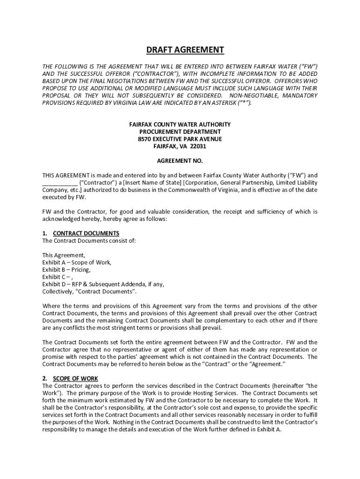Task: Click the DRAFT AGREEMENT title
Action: pyautogui.click(x=180, y=50)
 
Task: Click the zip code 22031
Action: pyautogui.click(x=198, y=146)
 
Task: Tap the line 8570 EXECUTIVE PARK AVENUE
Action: pyautogui.click(x=180, y=139)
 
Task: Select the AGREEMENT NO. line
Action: pyautogui.click(x=180, y=160)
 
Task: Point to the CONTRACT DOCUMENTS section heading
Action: pyautogui.click(x=86, y=233)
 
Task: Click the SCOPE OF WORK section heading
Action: pyautogui.click(x=75, y=378)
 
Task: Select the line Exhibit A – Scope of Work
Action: pyautogui.click(x=77, y=262)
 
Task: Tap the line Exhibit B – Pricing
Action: pyautogui.click(x=66, y=270)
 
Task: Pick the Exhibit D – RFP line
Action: pyautogui.click(x=103, y=284)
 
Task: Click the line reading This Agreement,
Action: pyautogui.click(x=64, y=255)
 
